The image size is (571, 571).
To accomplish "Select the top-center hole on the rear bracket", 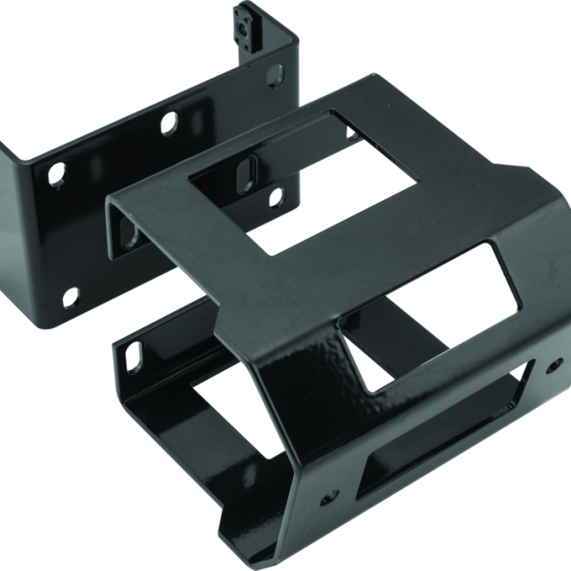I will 167,123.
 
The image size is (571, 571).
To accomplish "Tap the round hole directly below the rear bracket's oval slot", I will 275,197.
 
